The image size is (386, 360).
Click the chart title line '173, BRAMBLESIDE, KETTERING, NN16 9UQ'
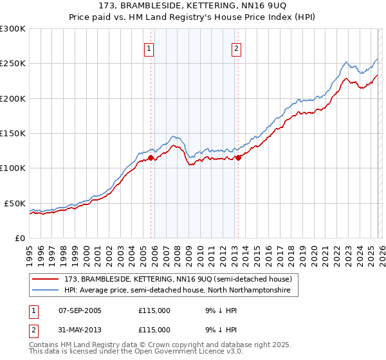point(192,6)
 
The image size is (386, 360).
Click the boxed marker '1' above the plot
point(149,48)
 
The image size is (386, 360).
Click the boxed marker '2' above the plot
point(237,48)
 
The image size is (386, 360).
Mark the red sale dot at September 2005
point(151,157)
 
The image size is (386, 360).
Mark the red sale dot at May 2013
point(239,157)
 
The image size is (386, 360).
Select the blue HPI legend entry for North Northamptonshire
point(177,291)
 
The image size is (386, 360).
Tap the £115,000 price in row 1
point(154,310)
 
